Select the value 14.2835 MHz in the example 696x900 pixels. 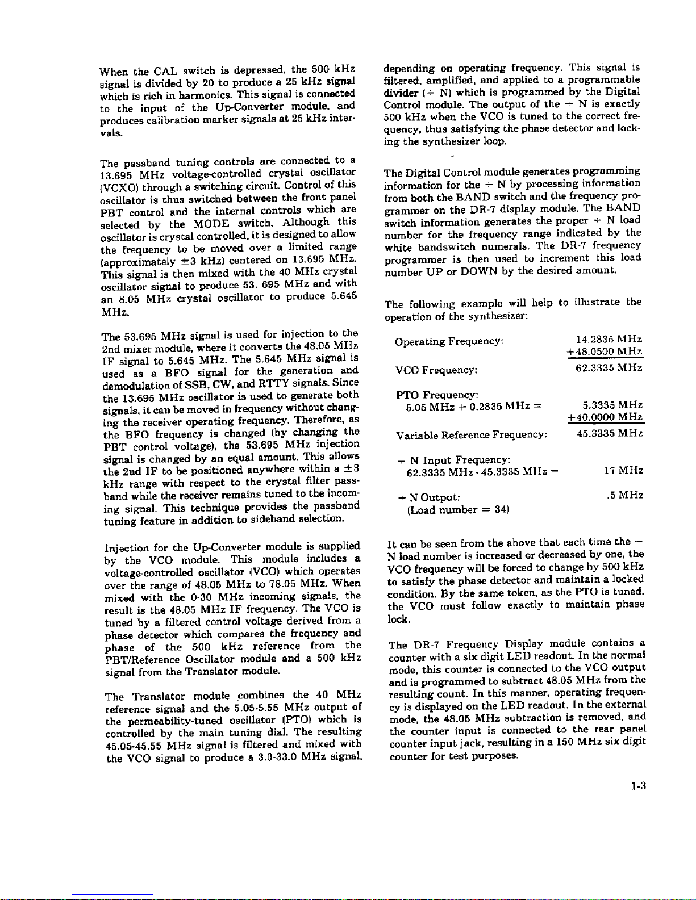(609, 340)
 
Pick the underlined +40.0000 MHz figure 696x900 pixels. (605, 418)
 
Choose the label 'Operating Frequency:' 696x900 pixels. (449, 342)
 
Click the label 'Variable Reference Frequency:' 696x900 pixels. (472, 435)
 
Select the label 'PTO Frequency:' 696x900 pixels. (437, 394)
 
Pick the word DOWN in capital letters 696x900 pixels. (480, 271)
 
